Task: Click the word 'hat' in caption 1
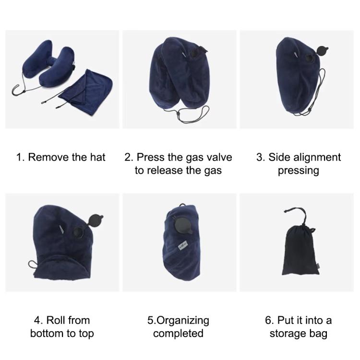96,157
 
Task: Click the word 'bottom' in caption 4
47,333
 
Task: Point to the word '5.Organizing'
178,320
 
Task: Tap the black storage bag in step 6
298,252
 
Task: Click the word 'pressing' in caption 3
298,170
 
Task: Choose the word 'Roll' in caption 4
57,320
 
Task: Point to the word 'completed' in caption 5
179,333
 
